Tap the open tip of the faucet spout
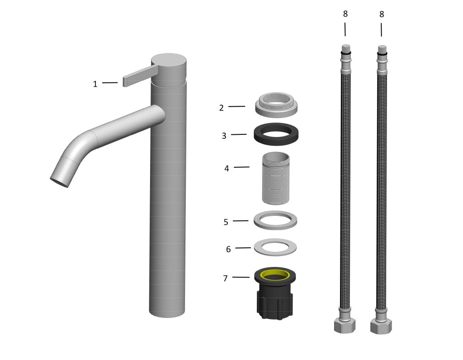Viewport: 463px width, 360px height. pyautogui.click(x=59, y=182)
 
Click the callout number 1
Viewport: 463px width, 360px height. pyautogui.click(x=95, y=84)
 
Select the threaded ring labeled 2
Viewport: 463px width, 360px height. pyautogui.click(x=276, y=105)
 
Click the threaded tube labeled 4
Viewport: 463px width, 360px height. pyautogui.click(x=276, y=178)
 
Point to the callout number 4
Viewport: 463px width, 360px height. pyautogui.click(x=227, y=169)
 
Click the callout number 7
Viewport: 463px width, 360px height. pyautogui.click(x=225, y=279)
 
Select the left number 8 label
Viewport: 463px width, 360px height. pyautogui.click(x=345, y=14)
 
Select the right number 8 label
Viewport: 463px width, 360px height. pyautogui.click(x=382, y=14)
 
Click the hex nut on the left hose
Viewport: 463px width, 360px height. pyautogui.click(x=345, y=326)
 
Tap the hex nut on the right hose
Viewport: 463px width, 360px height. pyautogui.click(x=381, y=327)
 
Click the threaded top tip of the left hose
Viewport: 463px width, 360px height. pyautogui.click(x=346, y=48)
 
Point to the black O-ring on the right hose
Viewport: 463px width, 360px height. pyautogui.click(x=382, y=53)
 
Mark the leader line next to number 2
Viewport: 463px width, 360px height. pyautogui.click(x=236, y=106)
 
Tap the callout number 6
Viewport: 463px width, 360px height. pyautogui.click(x=228, y=250)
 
